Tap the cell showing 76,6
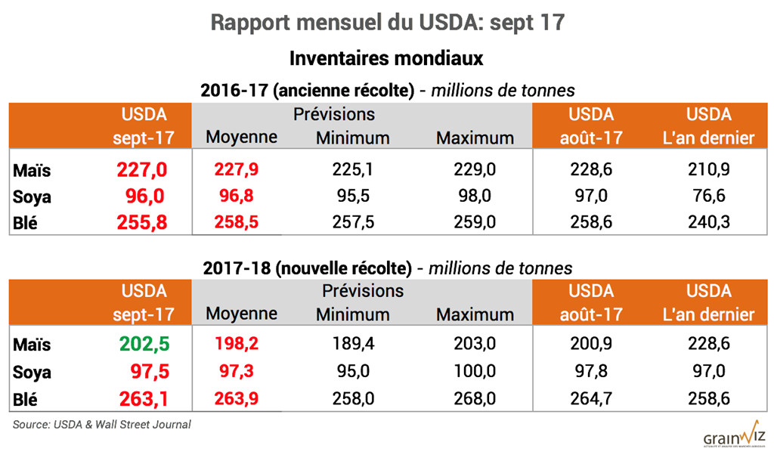708,196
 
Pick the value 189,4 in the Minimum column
352,344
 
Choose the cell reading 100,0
475,371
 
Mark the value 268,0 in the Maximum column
475,398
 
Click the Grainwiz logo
734,437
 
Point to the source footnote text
101,425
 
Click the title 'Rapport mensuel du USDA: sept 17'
387,23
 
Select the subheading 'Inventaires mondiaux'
386,58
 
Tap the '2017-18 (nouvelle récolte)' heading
307,268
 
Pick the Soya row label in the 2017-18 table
32,371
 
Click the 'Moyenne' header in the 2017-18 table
241,314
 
